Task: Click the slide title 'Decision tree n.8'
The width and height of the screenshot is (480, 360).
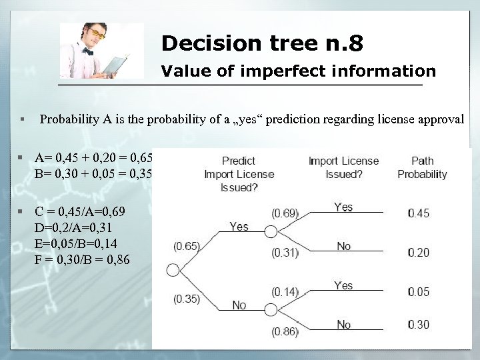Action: click(262, 44)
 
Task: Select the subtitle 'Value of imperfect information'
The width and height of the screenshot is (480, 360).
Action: click(299, 71)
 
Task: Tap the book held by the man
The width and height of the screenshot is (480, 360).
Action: click(115, 65)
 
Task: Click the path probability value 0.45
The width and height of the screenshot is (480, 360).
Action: click(419, 213)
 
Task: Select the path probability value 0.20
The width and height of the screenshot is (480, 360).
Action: click(419, 252)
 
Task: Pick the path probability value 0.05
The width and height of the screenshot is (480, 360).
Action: click(419, 291)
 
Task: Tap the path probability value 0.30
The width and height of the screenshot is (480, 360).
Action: click(419, 325)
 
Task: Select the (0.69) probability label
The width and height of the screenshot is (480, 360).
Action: click(285, 213)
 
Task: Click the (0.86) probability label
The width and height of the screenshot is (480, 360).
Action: click(285, 331)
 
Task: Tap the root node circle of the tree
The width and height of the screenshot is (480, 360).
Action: click(173, 270)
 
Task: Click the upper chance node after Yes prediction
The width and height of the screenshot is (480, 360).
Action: click(270, 231)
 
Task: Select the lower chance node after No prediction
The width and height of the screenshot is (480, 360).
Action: click(270, 309)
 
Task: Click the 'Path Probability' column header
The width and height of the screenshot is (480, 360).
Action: click(422, 167)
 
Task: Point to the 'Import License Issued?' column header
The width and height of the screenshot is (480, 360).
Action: click(343, 167)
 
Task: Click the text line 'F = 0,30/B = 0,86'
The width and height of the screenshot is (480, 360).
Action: click(82, 259)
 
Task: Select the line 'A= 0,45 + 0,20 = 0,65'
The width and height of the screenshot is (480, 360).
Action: click(94, 158)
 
